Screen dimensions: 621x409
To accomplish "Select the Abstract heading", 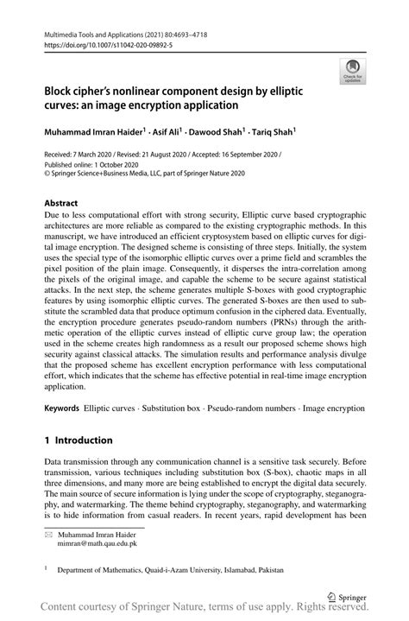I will (62, 206).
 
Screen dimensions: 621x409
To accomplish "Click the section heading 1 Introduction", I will (79, 440).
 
